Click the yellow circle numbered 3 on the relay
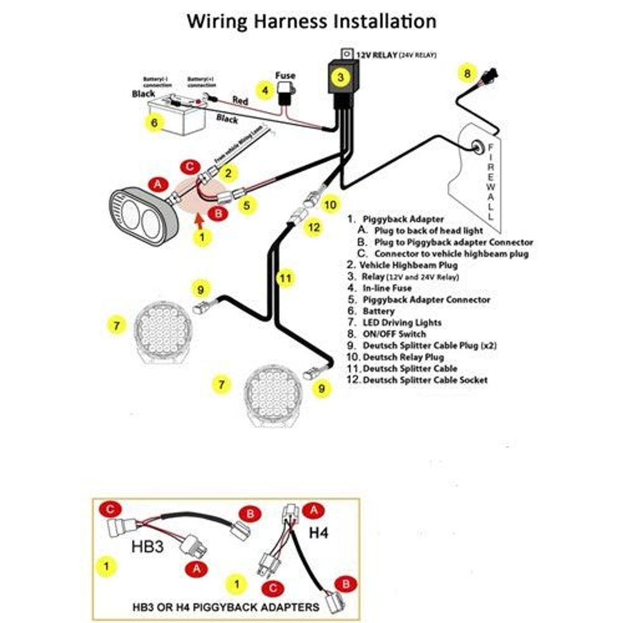340,77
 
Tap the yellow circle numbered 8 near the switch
466,73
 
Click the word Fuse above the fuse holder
285,75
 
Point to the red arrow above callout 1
198,219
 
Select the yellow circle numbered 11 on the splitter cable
285,278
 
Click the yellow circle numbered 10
331,204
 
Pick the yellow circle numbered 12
313,228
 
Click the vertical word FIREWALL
491,181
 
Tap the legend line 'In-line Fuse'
387,288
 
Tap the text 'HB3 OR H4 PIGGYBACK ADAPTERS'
226,606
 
